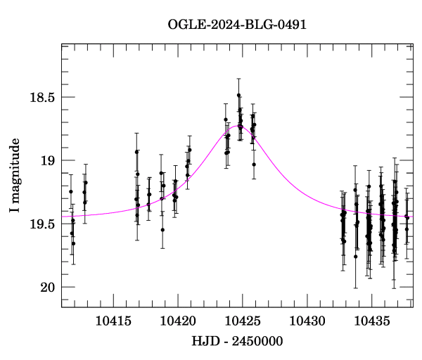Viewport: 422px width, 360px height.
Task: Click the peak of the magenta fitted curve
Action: pos(237,126)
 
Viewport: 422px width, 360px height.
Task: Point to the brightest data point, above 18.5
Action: pos(239,95)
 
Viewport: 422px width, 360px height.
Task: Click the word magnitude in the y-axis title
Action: pos(15,169)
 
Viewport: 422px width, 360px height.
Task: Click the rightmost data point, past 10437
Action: pos(407,217)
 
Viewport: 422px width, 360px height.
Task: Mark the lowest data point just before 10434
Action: pos(355,257)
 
